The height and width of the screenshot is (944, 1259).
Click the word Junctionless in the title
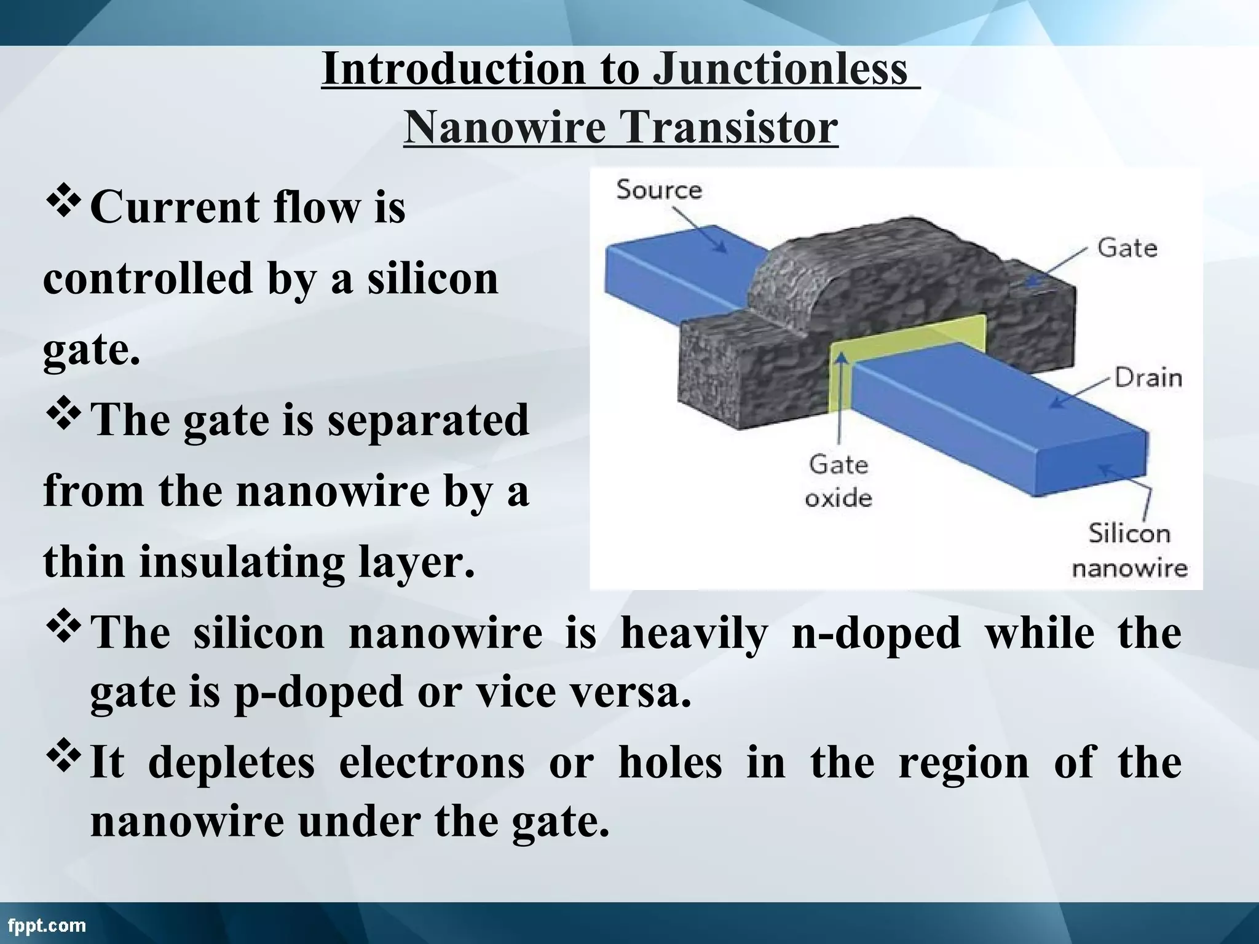point(779,69)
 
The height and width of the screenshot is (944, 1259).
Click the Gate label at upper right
point(1127,248)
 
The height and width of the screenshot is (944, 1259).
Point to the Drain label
point(1148,377)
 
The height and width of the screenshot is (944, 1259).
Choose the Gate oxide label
point(838,481)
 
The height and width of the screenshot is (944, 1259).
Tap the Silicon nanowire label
point(1129,550)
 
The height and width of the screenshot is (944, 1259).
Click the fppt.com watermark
point(47,925)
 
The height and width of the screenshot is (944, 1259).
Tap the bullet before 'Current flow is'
point(64,203)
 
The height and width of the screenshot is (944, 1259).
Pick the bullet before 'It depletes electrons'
point(64,759)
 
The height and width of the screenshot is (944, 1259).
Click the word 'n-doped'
point(875,633)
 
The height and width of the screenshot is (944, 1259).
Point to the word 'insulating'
point(242,562)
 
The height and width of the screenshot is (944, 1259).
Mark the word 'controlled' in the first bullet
point(148,278)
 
